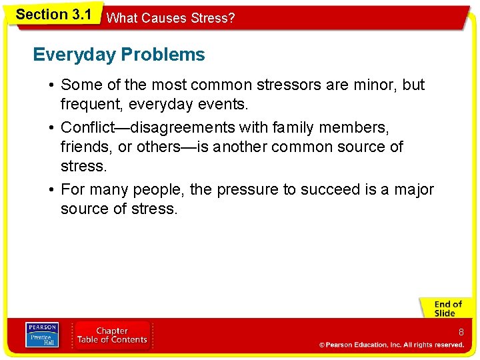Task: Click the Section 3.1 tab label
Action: pyautogui.click(x=53, y=15)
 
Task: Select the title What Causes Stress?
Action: pyautogui.click(x=171, y=18)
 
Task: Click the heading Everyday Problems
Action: pyautogui.click(x=119, y=55)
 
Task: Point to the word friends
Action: pyautogui.click(x=84, y=147)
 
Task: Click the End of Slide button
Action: pyautogui.click(x=445, y=308)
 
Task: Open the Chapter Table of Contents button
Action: pyautogui.click(x=112, y=335)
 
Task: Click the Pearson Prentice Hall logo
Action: pyautogui.click(x=41, y=335)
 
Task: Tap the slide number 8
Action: pyautogui.click(x=460, y=332)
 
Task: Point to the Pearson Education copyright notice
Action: pyautogui.click(x=391, y=345)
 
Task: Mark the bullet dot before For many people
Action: pyautogui.click(x=51, y=190)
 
